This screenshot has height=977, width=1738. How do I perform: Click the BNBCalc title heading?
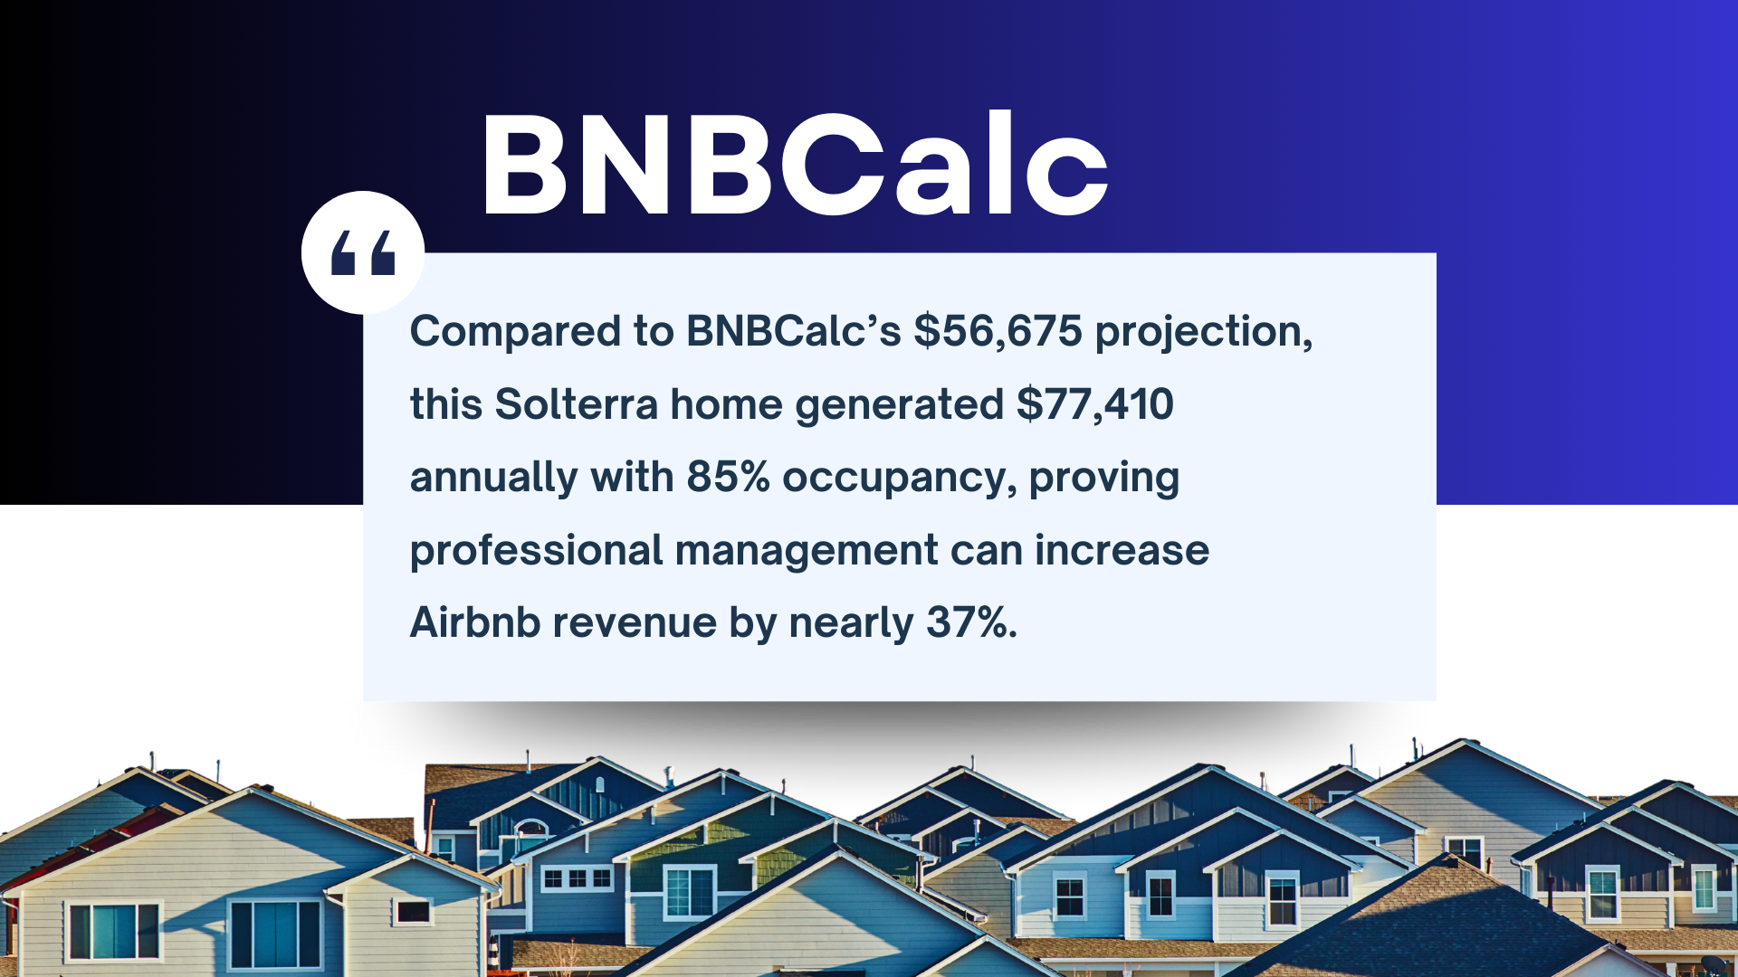coord(795,165)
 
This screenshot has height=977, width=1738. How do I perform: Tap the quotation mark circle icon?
coord(363,252)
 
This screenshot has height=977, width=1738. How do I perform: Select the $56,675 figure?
coord(998,331)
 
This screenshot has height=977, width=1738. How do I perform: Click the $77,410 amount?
coord(1094,404)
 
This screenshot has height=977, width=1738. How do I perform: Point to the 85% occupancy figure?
coord(728,477)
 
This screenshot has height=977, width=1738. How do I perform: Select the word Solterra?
coord(576,404)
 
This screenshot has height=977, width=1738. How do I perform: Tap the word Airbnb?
coord(475,622)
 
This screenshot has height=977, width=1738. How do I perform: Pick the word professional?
coord(536,550)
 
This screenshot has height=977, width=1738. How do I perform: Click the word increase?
coord(1122,550)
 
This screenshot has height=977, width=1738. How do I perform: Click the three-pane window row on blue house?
coord(577,878)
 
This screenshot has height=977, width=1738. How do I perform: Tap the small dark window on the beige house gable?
coord(413,910)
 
